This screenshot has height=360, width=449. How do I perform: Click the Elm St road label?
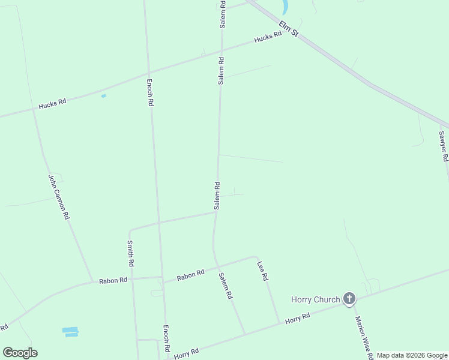288,28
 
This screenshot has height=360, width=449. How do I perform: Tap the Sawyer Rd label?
443,146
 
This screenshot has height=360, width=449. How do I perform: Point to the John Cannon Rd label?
58,196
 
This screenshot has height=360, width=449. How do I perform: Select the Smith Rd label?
130,253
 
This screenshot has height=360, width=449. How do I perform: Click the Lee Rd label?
261,271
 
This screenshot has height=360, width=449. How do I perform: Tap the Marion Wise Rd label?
364,338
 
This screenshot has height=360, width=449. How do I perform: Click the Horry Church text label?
315,299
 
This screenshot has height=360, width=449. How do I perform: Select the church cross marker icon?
349,299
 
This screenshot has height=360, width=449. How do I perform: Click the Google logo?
20,353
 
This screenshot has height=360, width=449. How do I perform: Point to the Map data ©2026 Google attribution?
412,355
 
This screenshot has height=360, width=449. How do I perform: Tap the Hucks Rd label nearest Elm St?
268,37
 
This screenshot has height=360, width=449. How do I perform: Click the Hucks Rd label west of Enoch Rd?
52,104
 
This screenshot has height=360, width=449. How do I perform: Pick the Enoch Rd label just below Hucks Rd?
150,92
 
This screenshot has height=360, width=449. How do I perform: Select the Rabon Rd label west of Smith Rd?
113,280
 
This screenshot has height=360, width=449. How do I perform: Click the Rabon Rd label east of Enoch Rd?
190,275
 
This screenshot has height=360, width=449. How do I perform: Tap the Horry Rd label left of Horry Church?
297,317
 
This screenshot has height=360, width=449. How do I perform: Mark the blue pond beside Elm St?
285,7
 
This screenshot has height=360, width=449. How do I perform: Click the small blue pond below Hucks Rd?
104,96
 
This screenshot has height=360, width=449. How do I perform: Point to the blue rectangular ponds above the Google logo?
70,331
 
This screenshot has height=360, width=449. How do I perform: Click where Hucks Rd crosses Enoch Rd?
147,78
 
